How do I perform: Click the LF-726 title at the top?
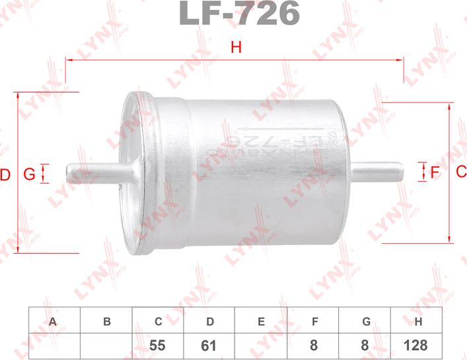[239, 13]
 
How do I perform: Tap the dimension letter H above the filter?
[236, 48]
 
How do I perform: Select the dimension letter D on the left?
[5, 175]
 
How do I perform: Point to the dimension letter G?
[28, 175]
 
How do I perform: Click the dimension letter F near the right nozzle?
[434, 173]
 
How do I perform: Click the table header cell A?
[54, 322]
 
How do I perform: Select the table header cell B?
[106, 322]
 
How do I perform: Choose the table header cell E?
[262, 322]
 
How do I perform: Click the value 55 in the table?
[158, 345]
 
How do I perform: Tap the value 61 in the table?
[209, 345]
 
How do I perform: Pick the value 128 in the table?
[417, 345]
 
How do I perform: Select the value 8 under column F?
[313, 345]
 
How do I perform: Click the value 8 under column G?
[365, 345]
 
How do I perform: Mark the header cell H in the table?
[417, 322]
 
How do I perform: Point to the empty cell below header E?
[262, 345]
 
